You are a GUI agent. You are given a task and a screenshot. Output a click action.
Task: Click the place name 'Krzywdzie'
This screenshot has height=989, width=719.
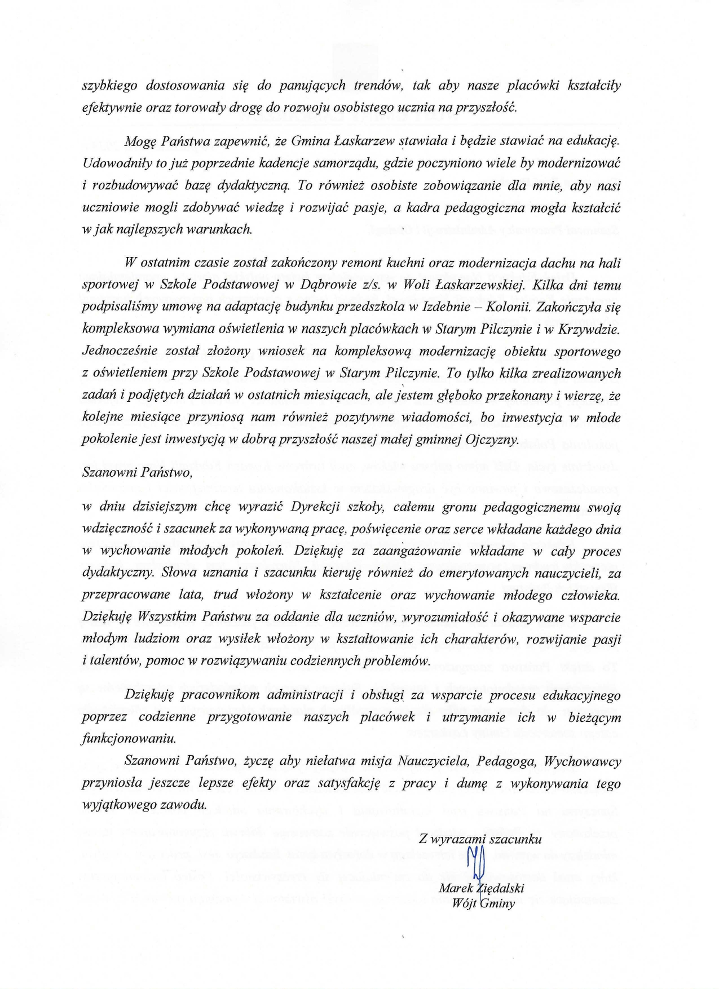click(x=588, y=329)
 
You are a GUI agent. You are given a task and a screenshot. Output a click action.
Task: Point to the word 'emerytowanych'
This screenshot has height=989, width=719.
click(x=483, y=573)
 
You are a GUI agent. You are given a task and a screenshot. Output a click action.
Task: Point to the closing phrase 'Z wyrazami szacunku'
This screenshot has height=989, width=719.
click(x=480, y=839)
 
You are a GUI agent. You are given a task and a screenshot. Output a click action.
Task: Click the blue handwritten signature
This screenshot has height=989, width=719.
click(x=475, y=863)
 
